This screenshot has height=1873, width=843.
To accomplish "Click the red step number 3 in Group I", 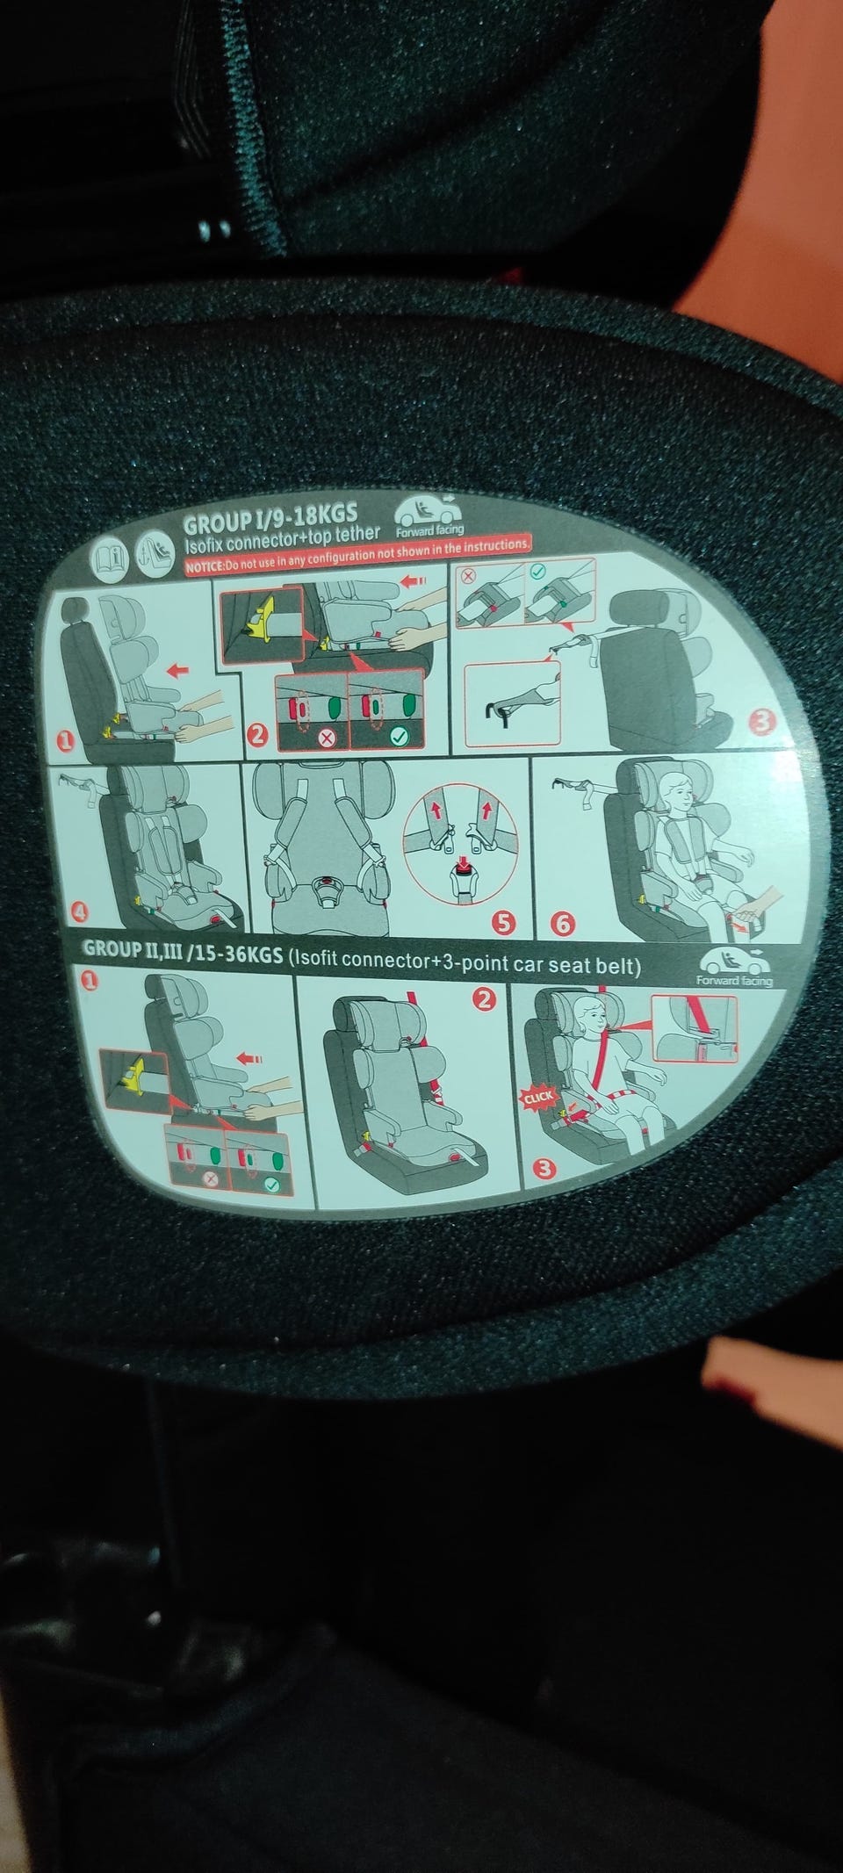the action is pos(762,723).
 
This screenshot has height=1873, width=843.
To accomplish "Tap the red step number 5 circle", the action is pos(503,922).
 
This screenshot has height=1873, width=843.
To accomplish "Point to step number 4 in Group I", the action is pos(79,911).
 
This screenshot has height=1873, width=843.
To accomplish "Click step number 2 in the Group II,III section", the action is pos(485,999).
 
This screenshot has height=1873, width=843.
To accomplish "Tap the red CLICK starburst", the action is pos(537,1098).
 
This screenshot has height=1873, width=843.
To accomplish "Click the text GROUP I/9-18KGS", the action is pos(269,515).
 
